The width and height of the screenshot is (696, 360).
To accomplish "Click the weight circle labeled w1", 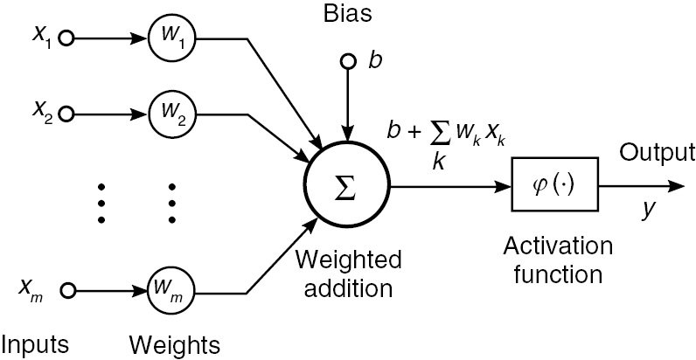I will pyautogui.click(x=171, y=38).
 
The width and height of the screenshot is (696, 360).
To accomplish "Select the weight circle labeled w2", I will pyautogui.click(x=171, y=114).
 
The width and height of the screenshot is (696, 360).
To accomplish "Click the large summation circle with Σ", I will pyautogui.click(x=347, y=186).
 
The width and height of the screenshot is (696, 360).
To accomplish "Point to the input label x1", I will pyautogui.click(x=41, y=38).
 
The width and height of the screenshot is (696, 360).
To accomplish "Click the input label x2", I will pyautogui.click(x=41, y=112).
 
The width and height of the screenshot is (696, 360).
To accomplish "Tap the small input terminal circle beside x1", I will pyautogui.click(x=66, y=38).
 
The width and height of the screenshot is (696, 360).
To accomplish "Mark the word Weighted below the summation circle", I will pyautogui.click(x=348, y=260).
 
